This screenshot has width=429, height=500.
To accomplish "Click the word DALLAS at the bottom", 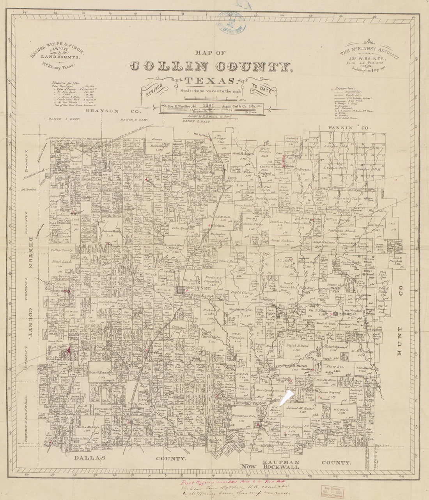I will click(x=92, y=459).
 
